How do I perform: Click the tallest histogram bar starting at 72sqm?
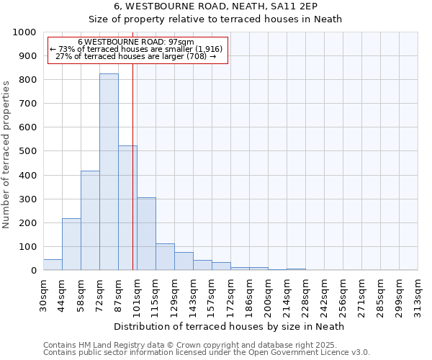tap(109, 173)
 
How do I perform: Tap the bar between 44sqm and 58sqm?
tap(71, 244)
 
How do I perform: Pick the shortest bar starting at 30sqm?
tap(53, 264)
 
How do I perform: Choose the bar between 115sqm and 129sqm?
tap(165, 257)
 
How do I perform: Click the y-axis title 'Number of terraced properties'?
tap(7, 154)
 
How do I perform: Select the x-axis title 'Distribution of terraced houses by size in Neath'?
tap(230, 326)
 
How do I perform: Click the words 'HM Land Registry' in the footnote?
tap(103, 346)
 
